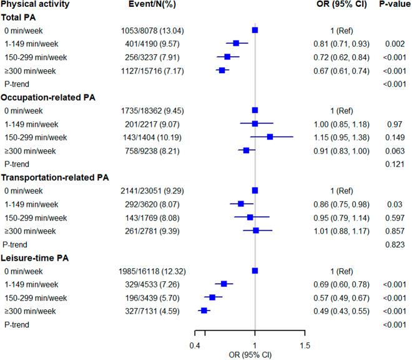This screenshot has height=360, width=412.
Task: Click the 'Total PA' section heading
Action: [21, 17]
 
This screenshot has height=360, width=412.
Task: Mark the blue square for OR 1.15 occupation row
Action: [270, 137]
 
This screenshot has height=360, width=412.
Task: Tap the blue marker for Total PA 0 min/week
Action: [255, 30]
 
